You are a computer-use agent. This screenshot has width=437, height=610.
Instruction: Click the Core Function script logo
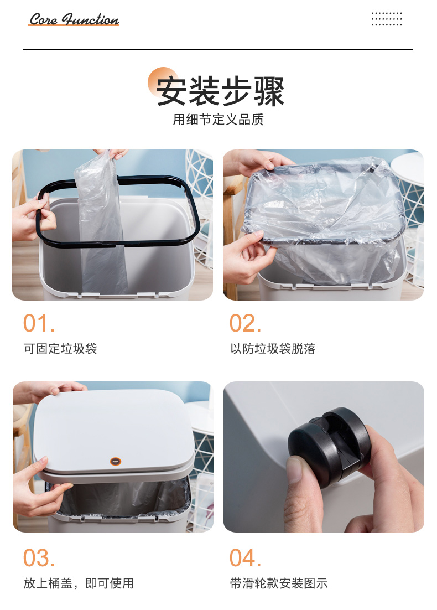[74, 19]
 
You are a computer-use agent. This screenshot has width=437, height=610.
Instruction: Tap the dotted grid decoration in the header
[387, 19]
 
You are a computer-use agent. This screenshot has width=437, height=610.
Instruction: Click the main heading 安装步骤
[220, 91]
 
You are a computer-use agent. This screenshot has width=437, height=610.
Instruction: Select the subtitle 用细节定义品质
[218, 120]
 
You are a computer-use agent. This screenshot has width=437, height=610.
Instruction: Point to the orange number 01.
[39, 323]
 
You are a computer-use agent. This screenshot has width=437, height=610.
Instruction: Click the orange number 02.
[245, 323]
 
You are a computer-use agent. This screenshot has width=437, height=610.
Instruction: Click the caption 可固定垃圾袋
[60, 348]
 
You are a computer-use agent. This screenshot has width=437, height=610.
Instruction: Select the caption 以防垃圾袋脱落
[273, 348]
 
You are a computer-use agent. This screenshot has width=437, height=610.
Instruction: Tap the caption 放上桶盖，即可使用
[79, 583]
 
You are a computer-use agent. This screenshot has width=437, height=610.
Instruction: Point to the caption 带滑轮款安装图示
[279, 583]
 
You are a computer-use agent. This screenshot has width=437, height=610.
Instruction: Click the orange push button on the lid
[116, 462]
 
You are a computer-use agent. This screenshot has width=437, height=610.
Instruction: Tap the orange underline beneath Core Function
[74, 25]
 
